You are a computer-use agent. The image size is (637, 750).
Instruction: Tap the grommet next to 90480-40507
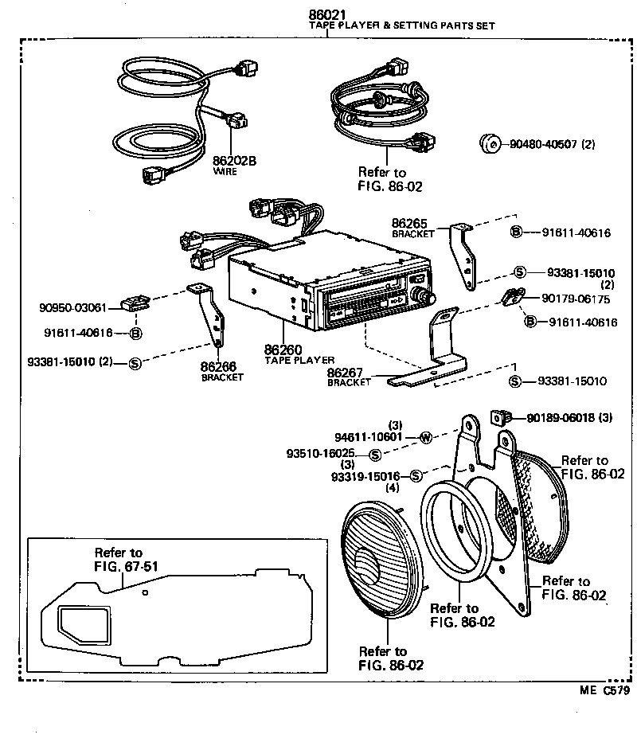[x=489, y=144]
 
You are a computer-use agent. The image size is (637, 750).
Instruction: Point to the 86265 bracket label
[x=412, y=225]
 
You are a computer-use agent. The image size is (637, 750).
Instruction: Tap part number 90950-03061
[x=72, y=307]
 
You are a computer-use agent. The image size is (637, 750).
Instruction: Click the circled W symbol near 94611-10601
[x=425, y=437]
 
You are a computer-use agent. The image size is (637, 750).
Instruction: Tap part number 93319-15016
[x=366, y=476]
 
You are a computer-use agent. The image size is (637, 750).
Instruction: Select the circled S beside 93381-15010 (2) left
[x=135, y=363]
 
